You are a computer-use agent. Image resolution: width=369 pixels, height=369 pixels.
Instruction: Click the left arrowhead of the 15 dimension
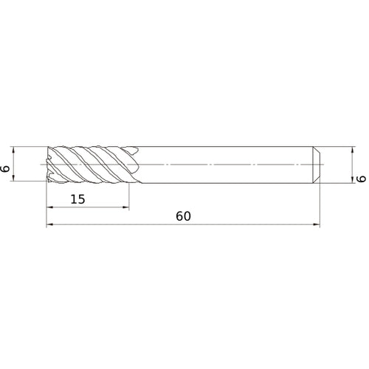50,207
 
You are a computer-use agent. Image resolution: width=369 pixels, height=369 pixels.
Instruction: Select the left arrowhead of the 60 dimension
50,225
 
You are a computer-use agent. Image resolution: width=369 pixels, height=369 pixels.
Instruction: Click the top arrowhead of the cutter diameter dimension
19,148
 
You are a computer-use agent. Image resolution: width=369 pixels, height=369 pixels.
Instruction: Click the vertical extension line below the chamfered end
320,203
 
